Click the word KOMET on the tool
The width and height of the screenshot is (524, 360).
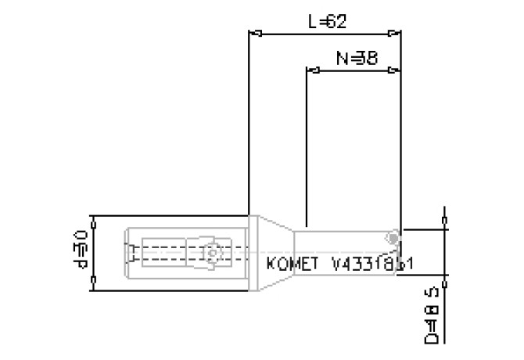click(293, 264)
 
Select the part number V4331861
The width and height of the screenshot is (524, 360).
click(371, 264)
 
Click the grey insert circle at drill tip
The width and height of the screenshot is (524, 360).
click(393, 236)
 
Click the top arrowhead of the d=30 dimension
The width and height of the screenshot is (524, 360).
click(92, 220)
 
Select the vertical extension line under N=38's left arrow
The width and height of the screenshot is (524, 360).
click(306, 149)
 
